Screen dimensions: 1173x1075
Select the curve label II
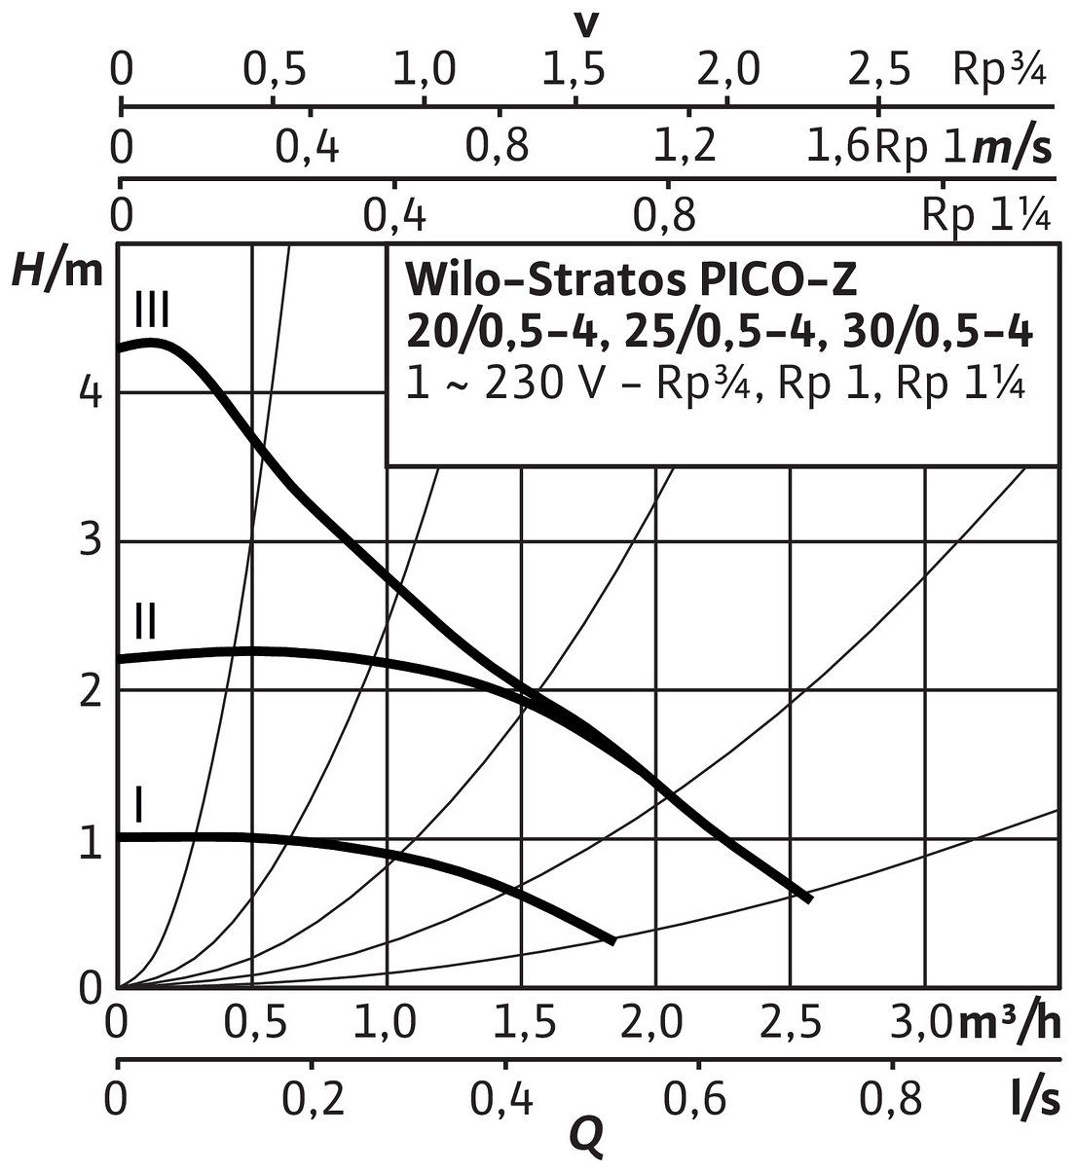point(145,620)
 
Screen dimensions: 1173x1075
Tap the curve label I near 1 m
point(140,805)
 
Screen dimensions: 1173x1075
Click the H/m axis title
point(56,272)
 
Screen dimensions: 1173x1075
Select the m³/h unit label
point(1009,1023)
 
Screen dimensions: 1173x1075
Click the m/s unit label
point(1013,148)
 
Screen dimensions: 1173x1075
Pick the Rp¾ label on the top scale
point(999,71)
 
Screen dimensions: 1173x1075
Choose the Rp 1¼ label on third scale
point(985,215)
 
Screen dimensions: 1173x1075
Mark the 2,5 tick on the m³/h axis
point(789,1024)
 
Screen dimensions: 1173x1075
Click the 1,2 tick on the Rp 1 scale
point(685,147)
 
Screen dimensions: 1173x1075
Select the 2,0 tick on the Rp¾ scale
point(727,71)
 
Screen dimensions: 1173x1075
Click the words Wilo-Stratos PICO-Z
point(631,279)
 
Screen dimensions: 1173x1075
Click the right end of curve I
point(612,940)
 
